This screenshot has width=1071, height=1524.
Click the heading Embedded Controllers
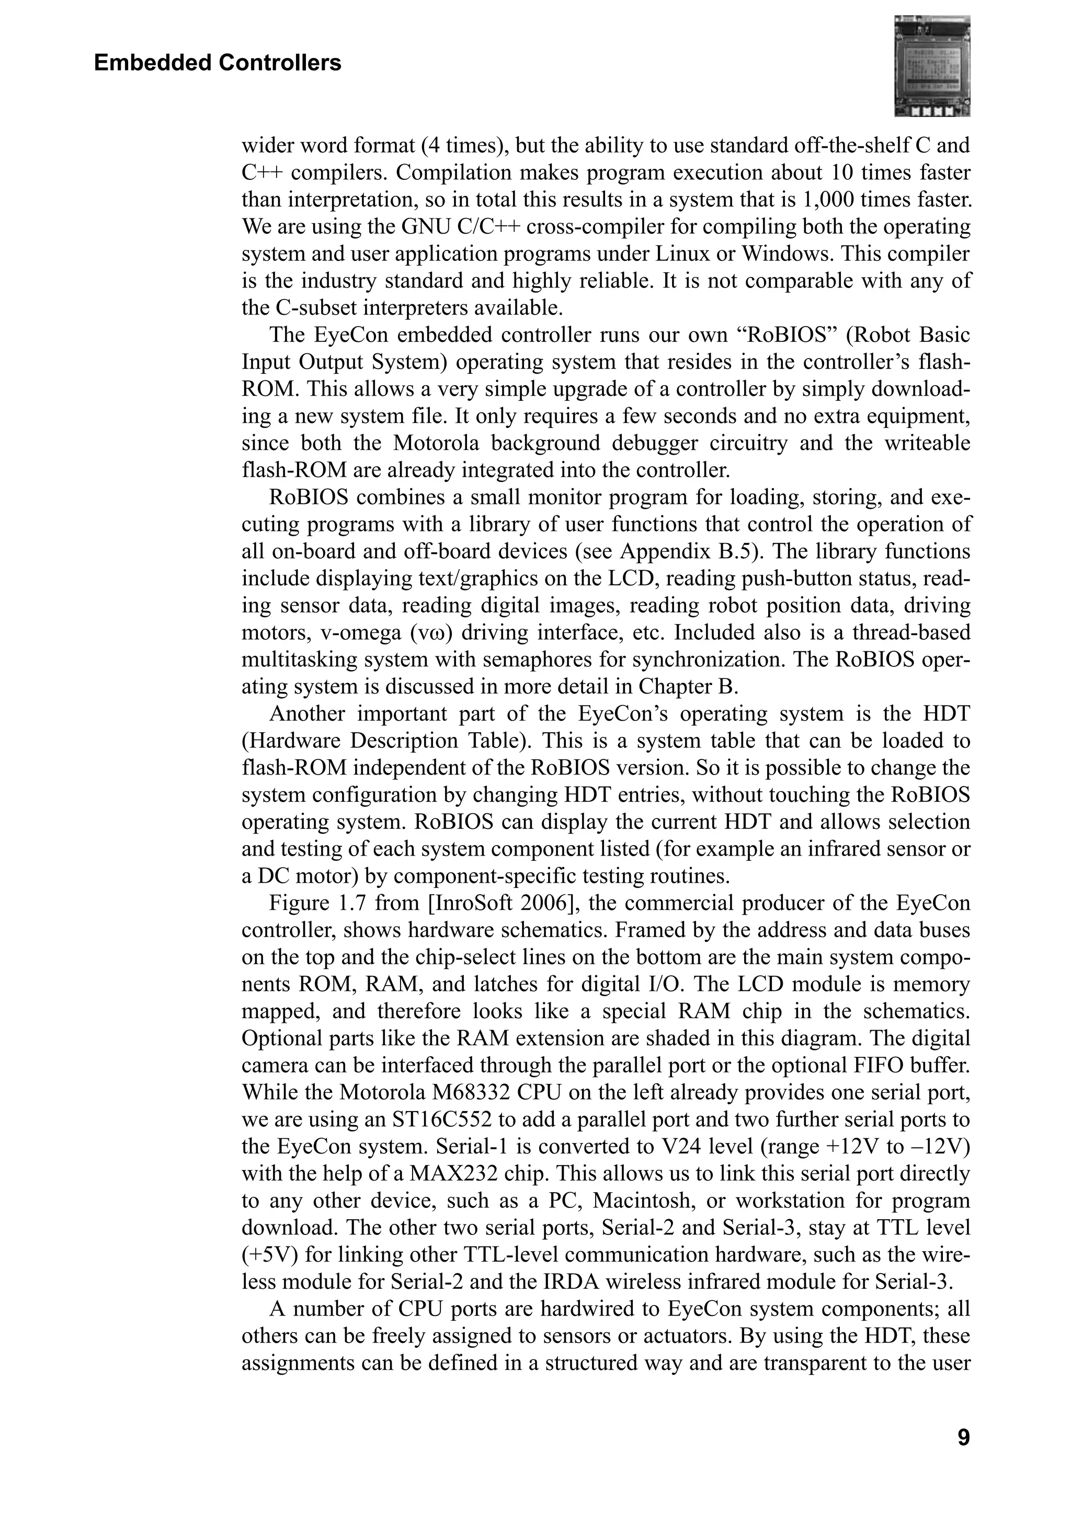(217, 63)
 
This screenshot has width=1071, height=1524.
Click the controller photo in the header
(932, 66)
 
